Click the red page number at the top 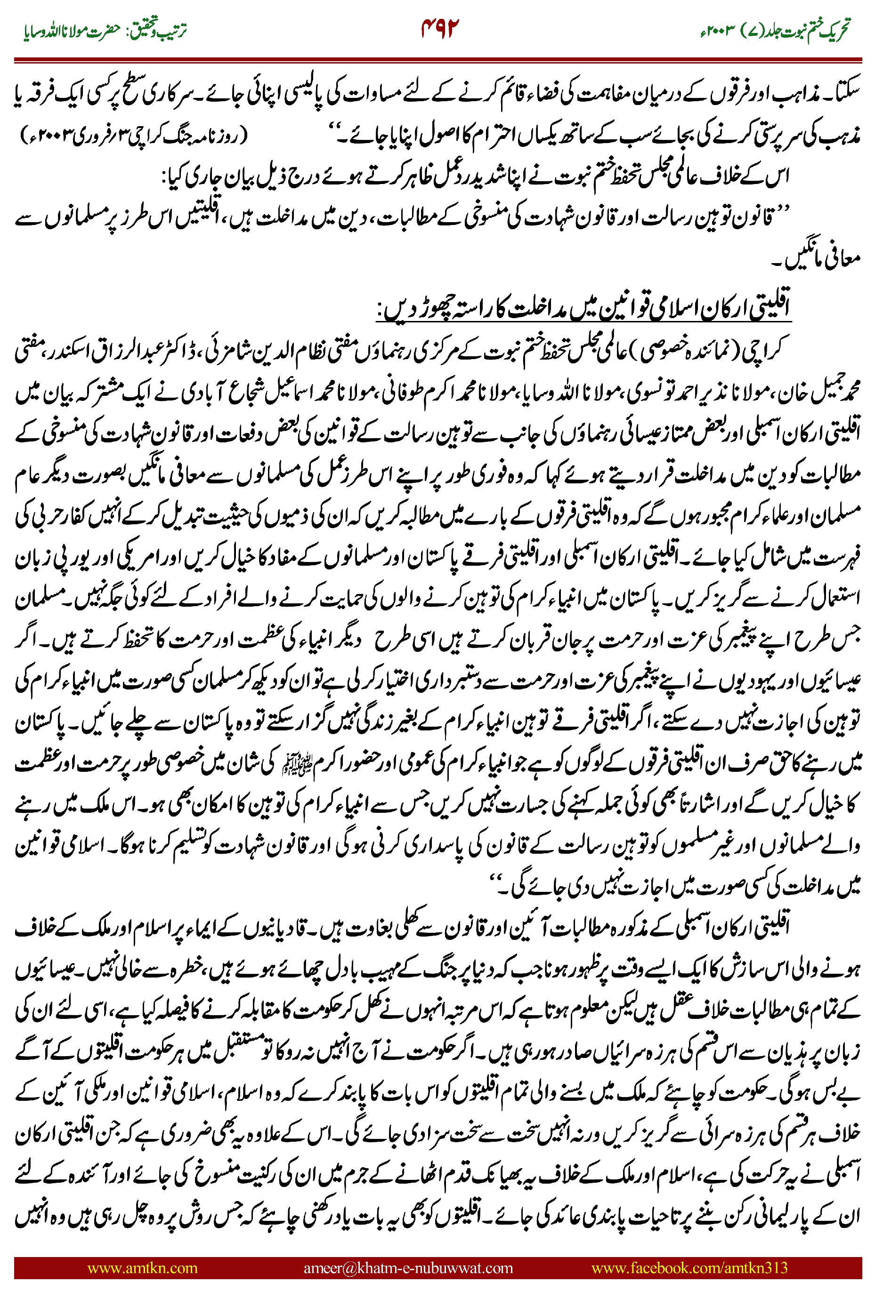[440, 28]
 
